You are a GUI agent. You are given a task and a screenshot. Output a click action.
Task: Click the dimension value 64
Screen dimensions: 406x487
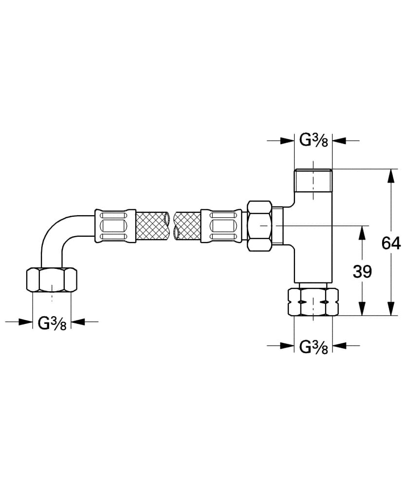pyautogui.click(x=391, y=243)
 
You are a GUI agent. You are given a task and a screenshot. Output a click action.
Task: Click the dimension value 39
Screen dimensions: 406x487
pyautogui.click(x=362, y=271)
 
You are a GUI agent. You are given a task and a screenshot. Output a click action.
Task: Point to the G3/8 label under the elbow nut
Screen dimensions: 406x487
pyautogui.click(x=52, y=323)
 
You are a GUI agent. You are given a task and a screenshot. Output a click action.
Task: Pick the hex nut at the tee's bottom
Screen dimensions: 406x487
pyautogui.click(x=313, y=302)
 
